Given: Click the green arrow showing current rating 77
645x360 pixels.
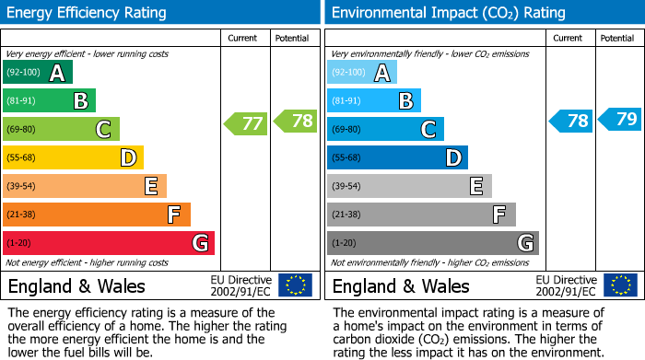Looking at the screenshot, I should tap(246, 122).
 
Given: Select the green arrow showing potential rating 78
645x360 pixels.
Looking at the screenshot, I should tap(295, 121).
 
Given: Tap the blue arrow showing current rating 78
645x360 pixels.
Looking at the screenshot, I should tap(571, 121).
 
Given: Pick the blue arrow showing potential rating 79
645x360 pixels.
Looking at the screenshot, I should tap(620, 119).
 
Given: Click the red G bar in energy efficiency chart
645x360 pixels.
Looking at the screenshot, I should tap(109, 243).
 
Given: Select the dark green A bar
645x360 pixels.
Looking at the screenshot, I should tap(38, 72).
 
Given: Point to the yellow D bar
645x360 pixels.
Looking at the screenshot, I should tap(74, 157).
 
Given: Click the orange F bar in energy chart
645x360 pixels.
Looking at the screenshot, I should tap(97, 215).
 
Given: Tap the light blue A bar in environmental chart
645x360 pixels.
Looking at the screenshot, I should tap(362, 72).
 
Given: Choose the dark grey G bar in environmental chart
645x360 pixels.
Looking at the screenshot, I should tap(433, 243).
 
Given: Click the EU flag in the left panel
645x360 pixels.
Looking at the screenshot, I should tap(296, 285).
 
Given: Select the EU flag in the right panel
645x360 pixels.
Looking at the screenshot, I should tap(620, 285).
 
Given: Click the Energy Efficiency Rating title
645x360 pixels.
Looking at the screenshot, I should tap(88, 13).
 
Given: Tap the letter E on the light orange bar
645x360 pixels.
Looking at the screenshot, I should tap(150, 186).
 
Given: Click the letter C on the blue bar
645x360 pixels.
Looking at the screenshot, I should tap(428, 129).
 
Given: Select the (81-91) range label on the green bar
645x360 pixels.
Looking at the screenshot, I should tap(23, 100).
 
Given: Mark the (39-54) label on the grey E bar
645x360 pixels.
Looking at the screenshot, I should tap(347, 186).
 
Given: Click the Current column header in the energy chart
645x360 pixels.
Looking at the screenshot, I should tap(244, 38).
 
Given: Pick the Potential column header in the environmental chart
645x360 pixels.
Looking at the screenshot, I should tap(617, 38).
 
